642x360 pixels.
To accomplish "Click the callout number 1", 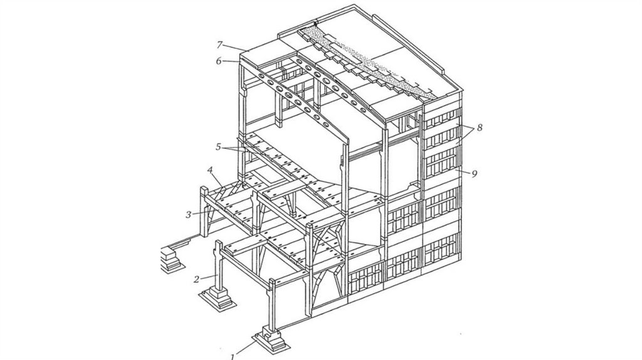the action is pyautogui.click(x=233, y=356).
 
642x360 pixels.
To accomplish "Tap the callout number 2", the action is pyautogui.click(x=197, y=279).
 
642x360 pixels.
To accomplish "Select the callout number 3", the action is pyautogui.click(x=189, y=214).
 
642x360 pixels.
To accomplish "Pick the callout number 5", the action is pyautogui.click(x=218, y=147).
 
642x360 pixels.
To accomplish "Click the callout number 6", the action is pyautogui.click(x=219, y=60).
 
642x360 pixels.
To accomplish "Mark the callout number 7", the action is pyautogui.click(x=220, y=44).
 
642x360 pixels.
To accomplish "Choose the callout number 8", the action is pyautogui.click(x=480, y=127).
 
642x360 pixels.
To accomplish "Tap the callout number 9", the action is pyautogui.click(x=475, y=174).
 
